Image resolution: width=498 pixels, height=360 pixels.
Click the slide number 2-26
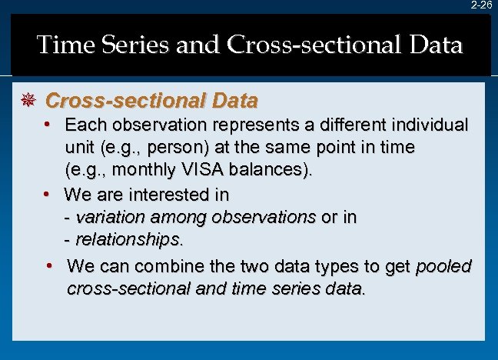click(x=481, y=5)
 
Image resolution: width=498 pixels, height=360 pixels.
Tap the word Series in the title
click(x=139, y=45)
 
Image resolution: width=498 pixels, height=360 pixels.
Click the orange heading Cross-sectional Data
click(x=151, y=101)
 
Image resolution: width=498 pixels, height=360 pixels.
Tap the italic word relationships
click(x=129, y=240)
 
